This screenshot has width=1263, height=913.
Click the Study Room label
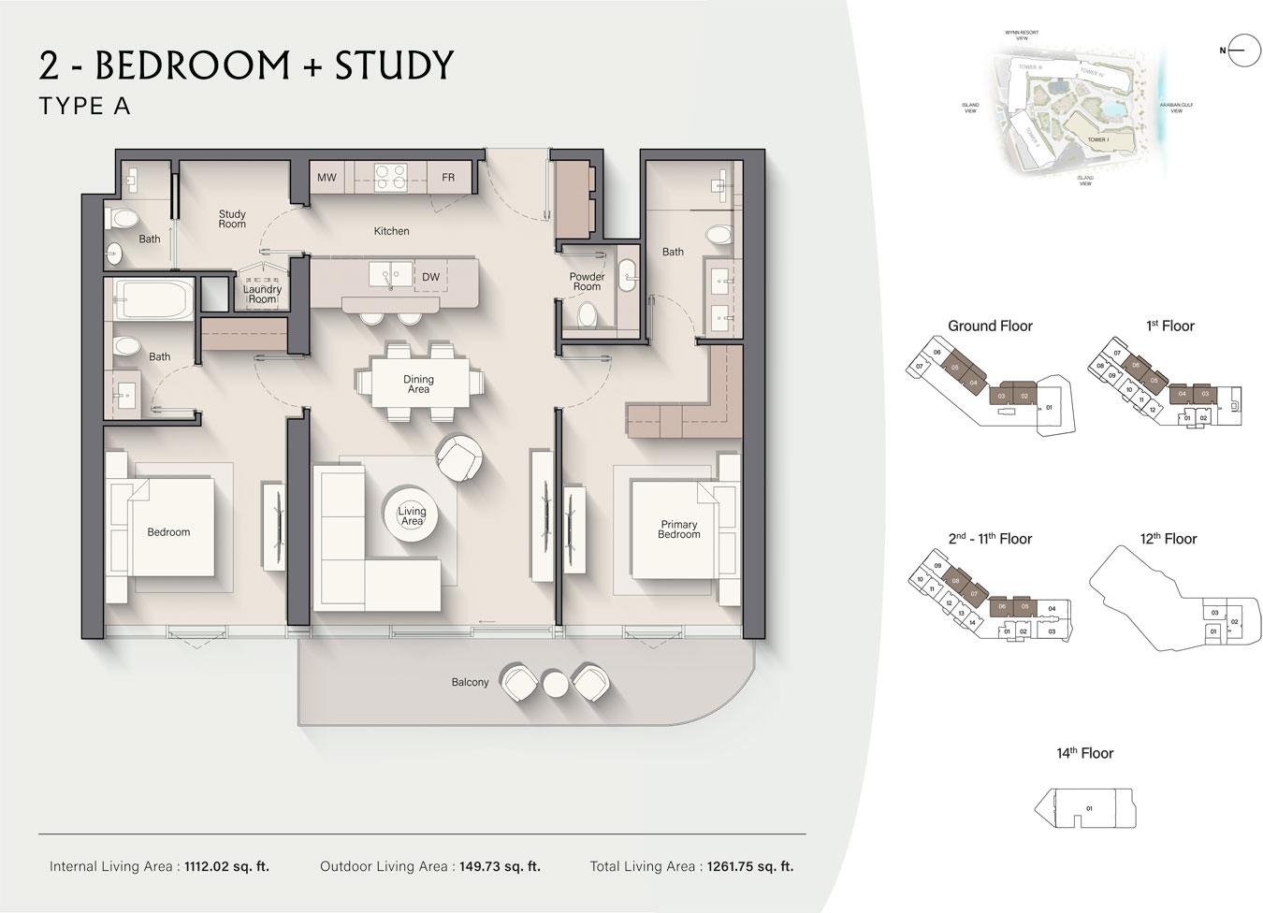point(232,220)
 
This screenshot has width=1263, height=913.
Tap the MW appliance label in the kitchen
point(327,178)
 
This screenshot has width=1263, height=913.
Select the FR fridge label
point(448,178)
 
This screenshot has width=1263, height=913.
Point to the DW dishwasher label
point(430,277)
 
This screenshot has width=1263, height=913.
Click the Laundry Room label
point(262,295)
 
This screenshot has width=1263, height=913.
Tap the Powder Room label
point(587,282)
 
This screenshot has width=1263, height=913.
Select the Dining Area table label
point(418,384)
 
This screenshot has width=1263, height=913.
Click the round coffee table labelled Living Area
point(412,515)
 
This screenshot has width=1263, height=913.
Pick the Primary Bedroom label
point(678,529)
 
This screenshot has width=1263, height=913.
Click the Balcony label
point(470,682)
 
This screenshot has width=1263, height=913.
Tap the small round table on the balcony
point(556,684)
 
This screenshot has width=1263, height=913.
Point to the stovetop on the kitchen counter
point(388,177)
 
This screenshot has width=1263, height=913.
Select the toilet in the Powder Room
point(588,316)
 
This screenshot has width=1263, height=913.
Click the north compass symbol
point(1244,51)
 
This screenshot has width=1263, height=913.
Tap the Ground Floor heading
point(990,326)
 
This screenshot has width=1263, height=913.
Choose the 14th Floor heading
point(1085,753)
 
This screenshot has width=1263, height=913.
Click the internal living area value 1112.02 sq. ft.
point(226,866)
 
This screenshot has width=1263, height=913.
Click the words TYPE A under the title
point(85,107)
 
